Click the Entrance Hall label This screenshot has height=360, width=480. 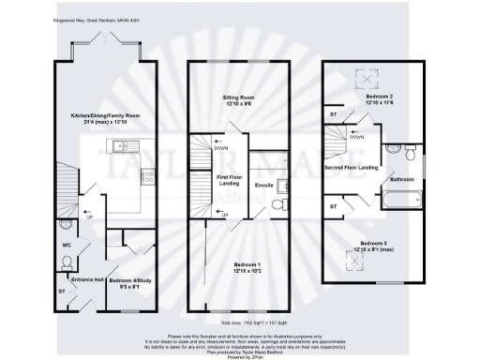point(77,278)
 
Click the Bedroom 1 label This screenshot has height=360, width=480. point(241,269)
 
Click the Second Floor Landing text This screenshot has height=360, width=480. point(351,168)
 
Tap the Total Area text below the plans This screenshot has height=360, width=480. point(240,322)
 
